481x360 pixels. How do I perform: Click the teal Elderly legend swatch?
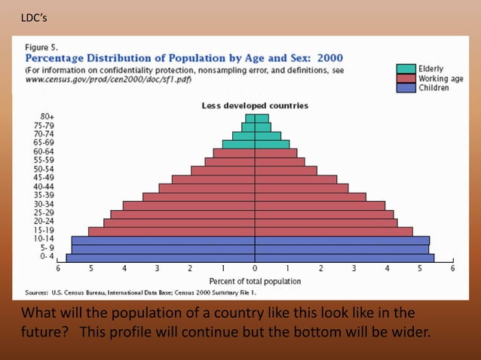pos(406,69)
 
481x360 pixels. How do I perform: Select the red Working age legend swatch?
pos(406,78)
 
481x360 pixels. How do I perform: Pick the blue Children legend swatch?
pos(406,87)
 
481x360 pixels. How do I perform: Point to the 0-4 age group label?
pos(47,257)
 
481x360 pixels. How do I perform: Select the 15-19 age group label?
pos(44,230)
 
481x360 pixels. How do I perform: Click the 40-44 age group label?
pos(44,187)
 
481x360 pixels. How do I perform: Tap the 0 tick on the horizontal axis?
pos(255,268)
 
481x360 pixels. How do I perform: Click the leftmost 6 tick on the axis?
pos(58,268)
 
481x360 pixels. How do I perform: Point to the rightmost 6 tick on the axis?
pos(452,268)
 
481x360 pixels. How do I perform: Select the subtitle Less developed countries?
pos(255,106)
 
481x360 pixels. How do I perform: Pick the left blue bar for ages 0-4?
pos(160,258)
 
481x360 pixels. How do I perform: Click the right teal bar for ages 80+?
pos(262,118)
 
